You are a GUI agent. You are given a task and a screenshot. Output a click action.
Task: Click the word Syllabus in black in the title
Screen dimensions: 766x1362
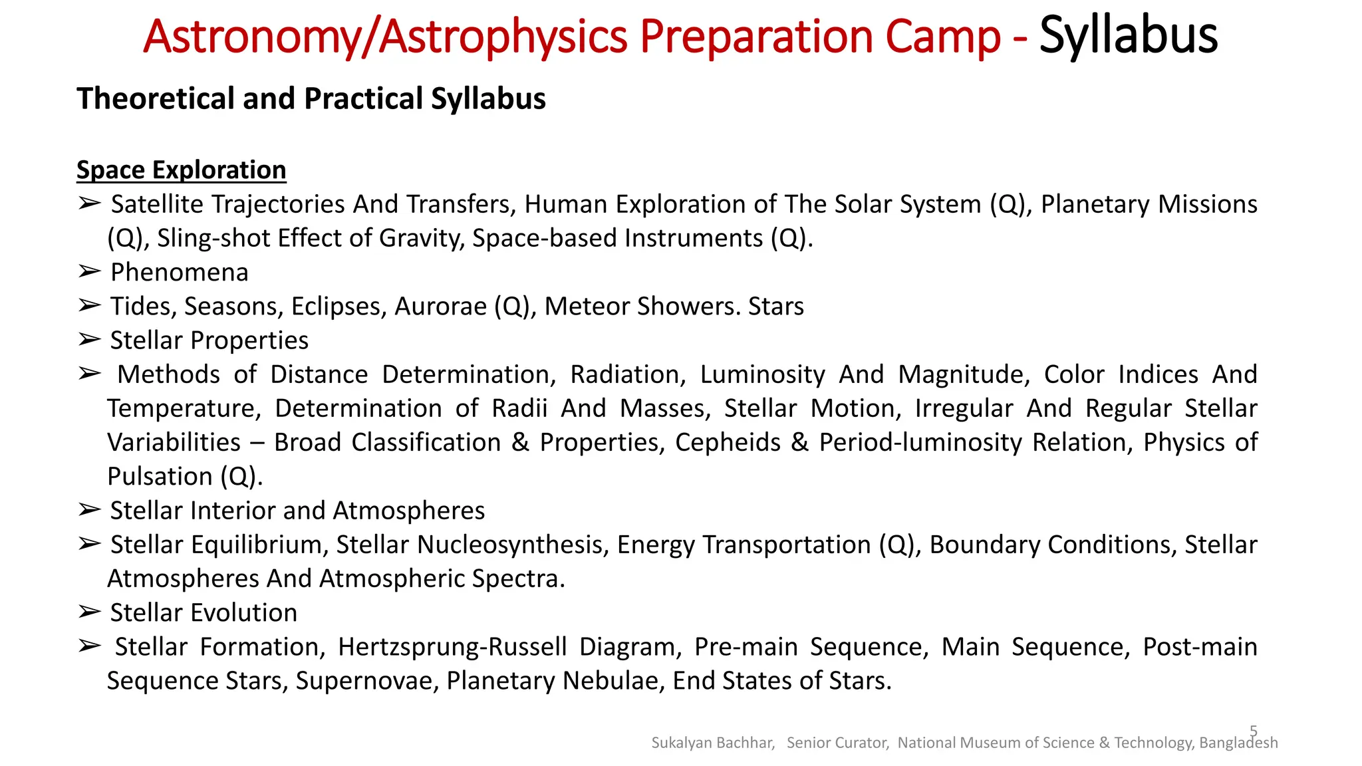pyautogui.click(x=1128, y=36)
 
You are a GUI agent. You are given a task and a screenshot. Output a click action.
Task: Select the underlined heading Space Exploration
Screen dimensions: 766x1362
pyautogui.click(x=181, y=170)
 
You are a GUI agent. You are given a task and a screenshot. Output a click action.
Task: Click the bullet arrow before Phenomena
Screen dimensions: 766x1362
pyautogui.click(x=88, y=272)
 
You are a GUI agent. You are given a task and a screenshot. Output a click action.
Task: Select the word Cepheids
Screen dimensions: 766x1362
pyautogui.click(x=727, y=443)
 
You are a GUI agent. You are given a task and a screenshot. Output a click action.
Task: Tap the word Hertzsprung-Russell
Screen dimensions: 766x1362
pyautogui.click(x=452, y=647)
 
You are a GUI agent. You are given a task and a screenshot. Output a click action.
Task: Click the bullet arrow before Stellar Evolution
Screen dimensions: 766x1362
pyautogui.click(x=88, y=612)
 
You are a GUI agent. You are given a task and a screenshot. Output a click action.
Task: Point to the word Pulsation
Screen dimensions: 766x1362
pyautogui.click(x=160, y=477)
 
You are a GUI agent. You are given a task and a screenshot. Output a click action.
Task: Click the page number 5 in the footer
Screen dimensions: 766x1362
pyautogui.click(x=1254, y=731)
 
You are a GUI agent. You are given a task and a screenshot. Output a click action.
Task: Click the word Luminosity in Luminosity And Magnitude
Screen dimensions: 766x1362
pyautogui.click(x=762, y=374)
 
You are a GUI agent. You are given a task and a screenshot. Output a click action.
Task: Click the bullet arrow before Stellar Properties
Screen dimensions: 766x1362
pyautogui.click(x=88, y=340)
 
